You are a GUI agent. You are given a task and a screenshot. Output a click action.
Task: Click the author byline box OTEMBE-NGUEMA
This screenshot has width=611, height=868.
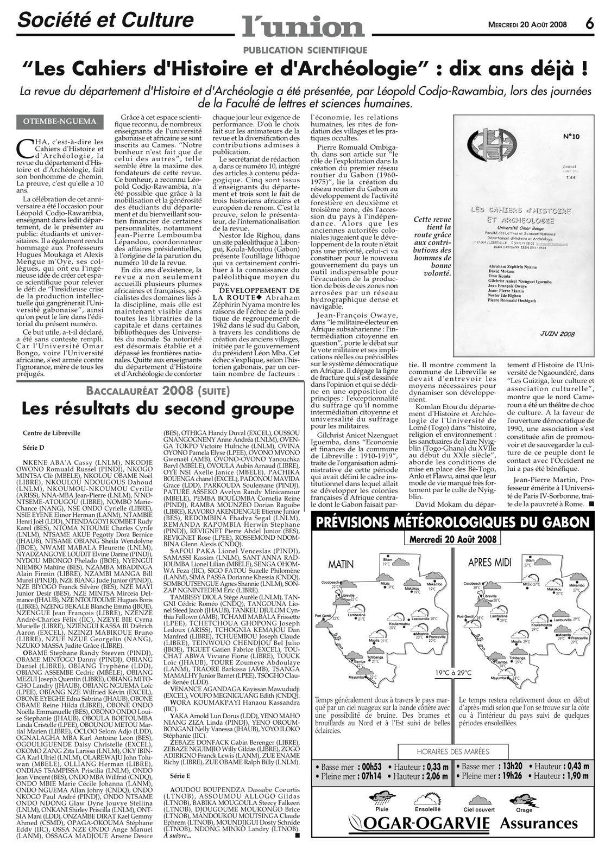(60, 122)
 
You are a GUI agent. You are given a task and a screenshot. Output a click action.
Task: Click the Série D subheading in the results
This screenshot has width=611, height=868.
(33, 448)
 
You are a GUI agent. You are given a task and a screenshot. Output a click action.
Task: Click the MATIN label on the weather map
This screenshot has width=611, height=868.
(341, 564)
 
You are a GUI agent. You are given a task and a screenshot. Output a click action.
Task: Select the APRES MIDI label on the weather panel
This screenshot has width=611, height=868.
(490, 562)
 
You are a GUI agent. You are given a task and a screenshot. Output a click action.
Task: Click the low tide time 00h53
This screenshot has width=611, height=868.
(371, 767)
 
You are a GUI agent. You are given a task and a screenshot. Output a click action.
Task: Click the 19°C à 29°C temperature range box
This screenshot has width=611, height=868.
(452, 673)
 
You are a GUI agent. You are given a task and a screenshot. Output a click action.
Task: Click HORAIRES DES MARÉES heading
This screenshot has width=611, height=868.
(452, 751)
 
